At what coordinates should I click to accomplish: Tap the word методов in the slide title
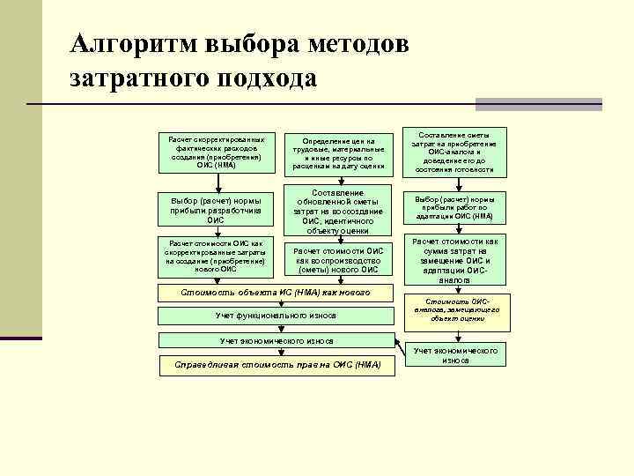click(356, 43)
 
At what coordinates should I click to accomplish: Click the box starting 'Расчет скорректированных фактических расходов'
click(216, 152)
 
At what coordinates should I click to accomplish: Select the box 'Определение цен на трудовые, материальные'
click(338, 152)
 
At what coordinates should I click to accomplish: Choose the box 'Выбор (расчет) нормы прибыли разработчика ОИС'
click(216, 210)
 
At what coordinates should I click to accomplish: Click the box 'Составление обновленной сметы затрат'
click(338, 211)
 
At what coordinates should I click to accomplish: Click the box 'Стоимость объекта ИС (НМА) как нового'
click(275, 292)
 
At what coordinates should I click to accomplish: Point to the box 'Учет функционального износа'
click(275, 316)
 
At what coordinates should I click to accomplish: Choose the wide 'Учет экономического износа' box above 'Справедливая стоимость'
click(275, 340)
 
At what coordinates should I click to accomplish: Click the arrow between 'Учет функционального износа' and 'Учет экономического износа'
click(275, 328)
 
